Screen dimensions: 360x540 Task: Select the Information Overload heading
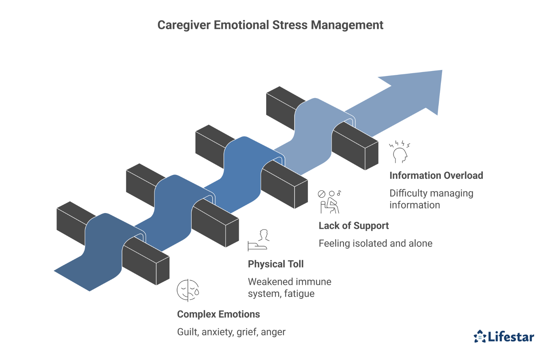(436, 175)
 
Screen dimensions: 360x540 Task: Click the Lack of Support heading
(353, 226)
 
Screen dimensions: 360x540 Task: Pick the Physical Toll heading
(276, 264)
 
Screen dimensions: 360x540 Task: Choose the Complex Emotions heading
(218, 314)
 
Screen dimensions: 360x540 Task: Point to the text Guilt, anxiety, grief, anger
(231, 332)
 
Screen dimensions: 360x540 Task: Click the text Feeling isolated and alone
(375, 243)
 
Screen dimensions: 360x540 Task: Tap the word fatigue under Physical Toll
(299, 294)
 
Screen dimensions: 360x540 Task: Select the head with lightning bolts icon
(400, 152)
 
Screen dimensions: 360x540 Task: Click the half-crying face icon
(188, 290)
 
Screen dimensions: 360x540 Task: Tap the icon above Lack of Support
(329, 202)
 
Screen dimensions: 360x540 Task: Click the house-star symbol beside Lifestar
(480, 336)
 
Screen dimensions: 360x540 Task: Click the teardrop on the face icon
(197, 292)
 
